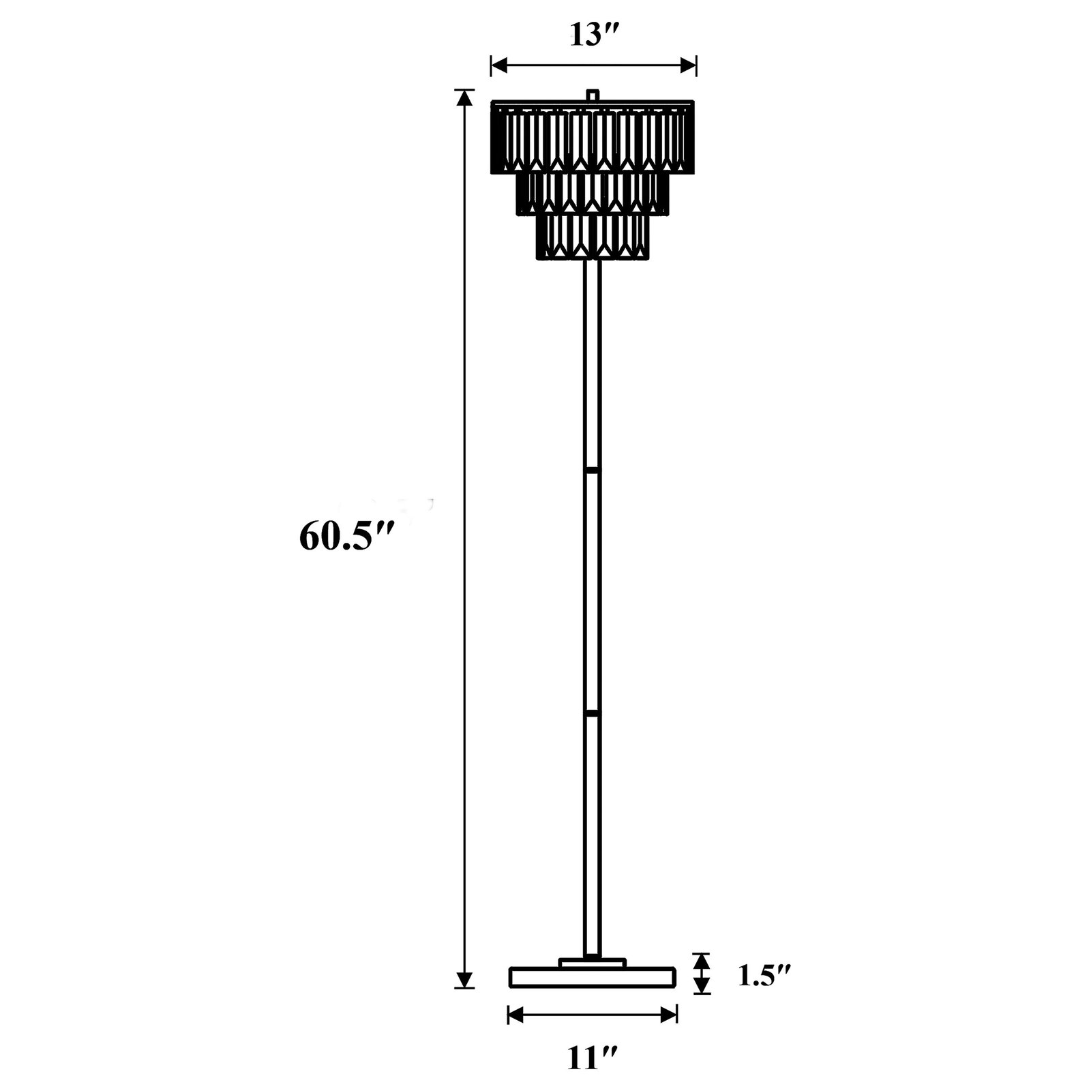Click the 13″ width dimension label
pyautogui.click(x=592, y=36)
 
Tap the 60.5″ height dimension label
pyautogui.click(x=346, y=537)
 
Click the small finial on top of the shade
pyautogui.click(x=593, y=95)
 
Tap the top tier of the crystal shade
pyautogui.click(x=593, y=136)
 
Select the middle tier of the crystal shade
pyautogui.click(x=593, y=194)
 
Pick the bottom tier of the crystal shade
pyautogui.click(x=593, y=237)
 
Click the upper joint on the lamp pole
pyautogui.click(x=593, y=470)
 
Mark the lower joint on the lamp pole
pyautogui.click(x=593, y=713)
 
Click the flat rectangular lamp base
pyautogui.click(x=593, y=977)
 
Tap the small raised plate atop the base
pyautogui.click(x=593, y=962)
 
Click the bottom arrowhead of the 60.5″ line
pyautogui.click(x=464, y=979)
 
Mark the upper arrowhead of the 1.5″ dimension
pyautogui.click(x=702, y=960)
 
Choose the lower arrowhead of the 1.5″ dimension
pyautogui.click(x=702, y=986)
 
